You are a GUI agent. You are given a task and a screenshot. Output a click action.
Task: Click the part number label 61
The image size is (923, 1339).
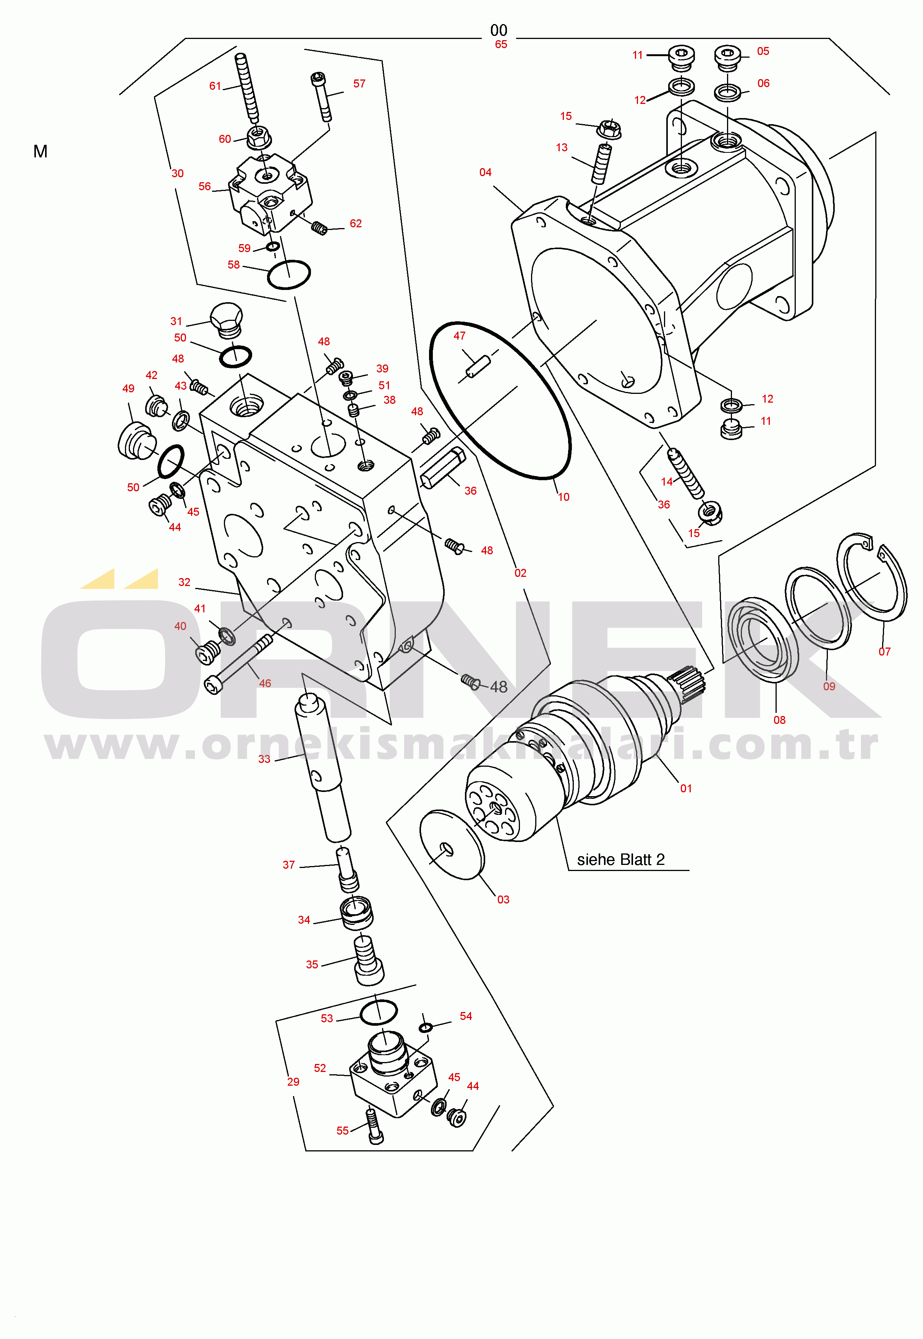(x=215, y=86)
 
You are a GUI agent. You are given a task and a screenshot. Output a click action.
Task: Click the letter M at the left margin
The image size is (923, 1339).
(x=40, y=152)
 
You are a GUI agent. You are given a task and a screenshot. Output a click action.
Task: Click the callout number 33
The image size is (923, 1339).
(x=264, y=759)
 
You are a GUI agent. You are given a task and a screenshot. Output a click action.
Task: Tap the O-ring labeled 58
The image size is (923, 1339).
(x=288, y=275)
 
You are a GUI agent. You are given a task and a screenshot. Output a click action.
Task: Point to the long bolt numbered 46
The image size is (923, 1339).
(x=239, y=664)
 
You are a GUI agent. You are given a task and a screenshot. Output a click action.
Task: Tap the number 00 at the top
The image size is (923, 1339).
(x=499, y=30)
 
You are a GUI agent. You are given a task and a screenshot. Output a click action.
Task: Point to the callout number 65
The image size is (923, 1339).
(x=501, y=45)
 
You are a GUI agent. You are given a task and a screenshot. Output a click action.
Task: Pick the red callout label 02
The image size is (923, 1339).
(x=520, y=573)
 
